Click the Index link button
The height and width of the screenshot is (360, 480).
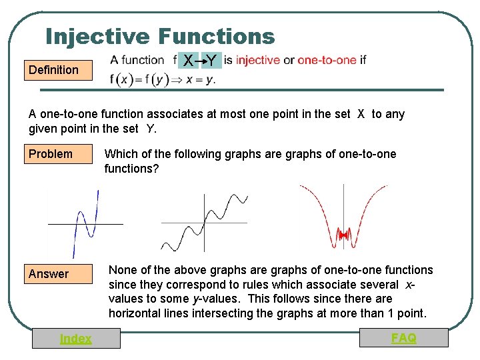tap(76, 339)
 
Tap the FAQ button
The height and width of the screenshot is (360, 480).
tap(403, 338)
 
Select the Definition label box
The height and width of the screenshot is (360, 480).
tap(59, 70)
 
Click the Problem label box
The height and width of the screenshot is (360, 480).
tap(59, 155)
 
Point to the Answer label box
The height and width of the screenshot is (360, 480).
tap(59, 274)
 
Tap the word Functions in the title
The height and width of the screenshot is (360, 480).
tap(217, 36)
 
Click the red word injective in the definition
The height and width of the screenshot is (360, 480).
tap(258, 60)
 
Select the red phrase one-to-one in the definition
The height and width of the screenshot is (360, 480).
tap(327, 60)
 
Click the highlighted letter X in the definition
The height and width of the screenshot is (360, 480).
tap(189, 61)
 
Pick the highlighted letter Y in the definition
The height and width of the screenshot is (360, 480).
tap(211, 61)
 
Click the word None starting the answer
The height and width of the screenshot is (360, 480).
tap(122, 270)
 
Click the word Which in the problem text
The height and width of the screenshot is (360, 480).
tap(120, 155)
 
